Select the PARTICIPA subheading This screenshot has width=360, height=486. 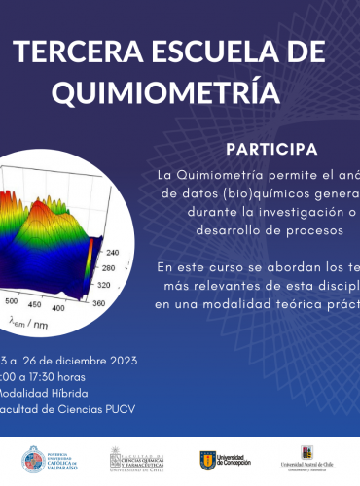point(270,150)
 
